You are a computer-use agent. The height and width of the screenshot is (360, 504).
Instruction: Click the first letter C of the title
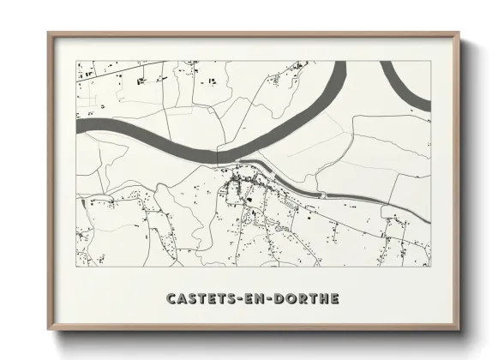pos(171,299)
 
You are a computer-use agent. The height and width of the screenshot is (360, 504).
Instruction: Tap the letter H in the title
pos(322,299)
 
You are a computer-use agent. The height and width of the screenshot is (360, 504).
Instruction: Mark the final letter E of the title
pos(333,299)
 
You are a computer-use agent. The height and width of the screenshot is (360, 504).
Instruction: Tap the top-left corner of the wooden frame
pos(49,34)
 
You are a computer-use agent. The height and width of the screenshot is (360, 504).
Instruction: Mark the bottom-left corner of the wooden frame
pos(49,328)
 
